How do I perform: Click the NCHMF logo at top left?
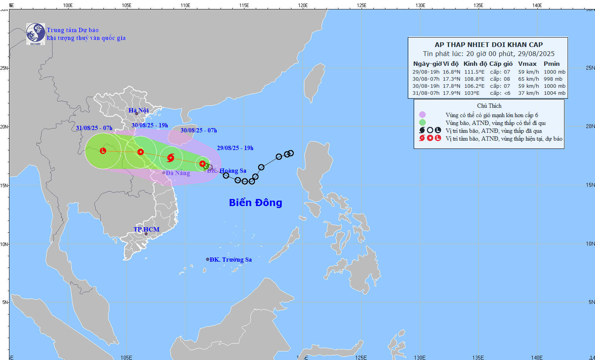(x=36, y=34)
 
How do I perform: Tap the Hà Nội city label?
(x=139, y=110)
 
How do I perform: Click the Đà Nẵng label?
(x=177, y=173)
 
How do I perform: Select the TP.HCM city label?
(x=146, y=230)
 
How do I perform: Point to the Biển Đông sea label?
(x=255, y=203)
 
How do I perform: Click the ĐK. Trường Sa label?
(x=230, y=260)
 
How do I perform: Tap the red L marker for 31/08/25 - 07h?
(x=103, y=151)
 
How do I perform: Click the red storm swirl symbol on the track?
(x=170, y=158)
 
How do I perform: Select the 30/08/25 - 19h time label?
(x=150, y=125)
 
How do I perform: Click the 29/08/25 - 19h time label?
(x=235, y=148)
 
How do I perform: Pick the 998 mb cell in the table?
(x=553, y=79)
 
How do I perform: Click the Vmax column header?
(x=527, y=64)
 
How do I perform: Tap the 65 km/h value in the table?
(x=528, y=79)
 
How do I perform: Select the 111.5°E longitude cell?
(x=474, y=72)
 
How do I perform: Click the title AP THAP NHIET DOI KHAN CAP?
(x=488, y=45)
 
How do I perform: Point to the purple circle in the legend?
(x=422, y=115)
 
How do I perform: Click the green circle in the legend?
(x=422, y=123)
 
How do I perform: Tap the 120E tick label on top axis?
(x=303, y=5)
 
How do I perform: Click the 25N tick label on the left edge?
(x=4, y=68)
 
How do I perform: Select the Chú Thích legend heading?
(x=489, y=106)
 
